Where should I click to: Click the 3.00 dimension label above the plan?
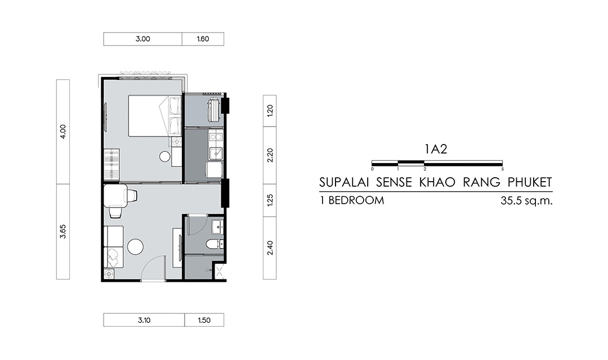(142, 39)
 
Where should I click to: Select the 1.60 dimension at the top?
(203, 39)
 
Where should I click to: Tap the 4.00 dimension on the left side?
(63, 132)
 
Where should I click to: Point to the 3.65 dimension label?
(63, 231)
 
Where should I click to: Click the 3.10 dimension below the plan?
(144, 321)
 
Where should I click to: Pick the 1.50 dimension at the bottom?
(204, 321)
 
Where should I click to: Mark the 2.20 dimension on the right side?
(270, 155)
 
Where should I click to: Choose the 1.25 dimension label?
(270, 200)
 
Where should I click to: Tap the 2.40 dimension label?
(270, 248)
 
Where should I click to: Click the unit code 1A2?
(436, 149)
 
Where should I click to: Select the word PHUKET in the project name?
(529, 182)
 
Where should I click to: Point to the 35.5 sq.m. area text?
(526, 201)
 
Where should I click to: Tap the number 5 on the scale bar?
(503, 169)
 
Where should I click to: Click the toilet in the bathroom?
(214, 244)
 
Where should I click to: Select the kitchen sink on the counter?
(216, 154)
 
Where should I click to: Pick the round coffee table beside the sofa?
(136, 246)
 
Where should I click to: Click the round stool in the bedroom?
(165, 156)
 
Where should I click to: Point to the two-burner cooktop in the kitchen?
(216, 137)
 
